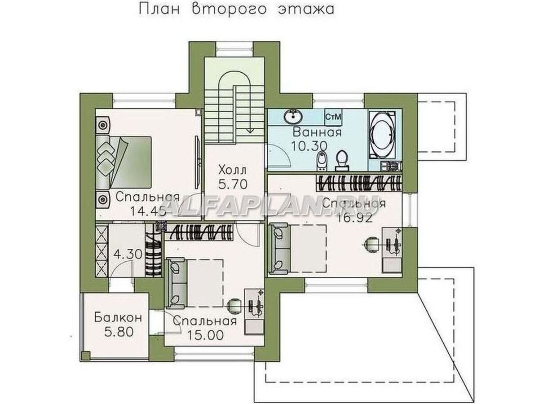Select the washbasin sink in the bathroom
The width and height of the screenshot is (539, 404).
pyautogui.click(x=294, y=116)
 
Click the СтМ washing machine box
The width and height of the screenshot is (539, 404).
pyautogui.click(x=333, y=117)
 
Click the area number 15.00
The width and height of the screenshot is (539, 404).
pyautogui.click(x=205, y=336)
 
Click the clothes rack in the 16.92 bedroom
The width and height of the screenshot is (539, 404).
pyautogui.click(x=358, y=184)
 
